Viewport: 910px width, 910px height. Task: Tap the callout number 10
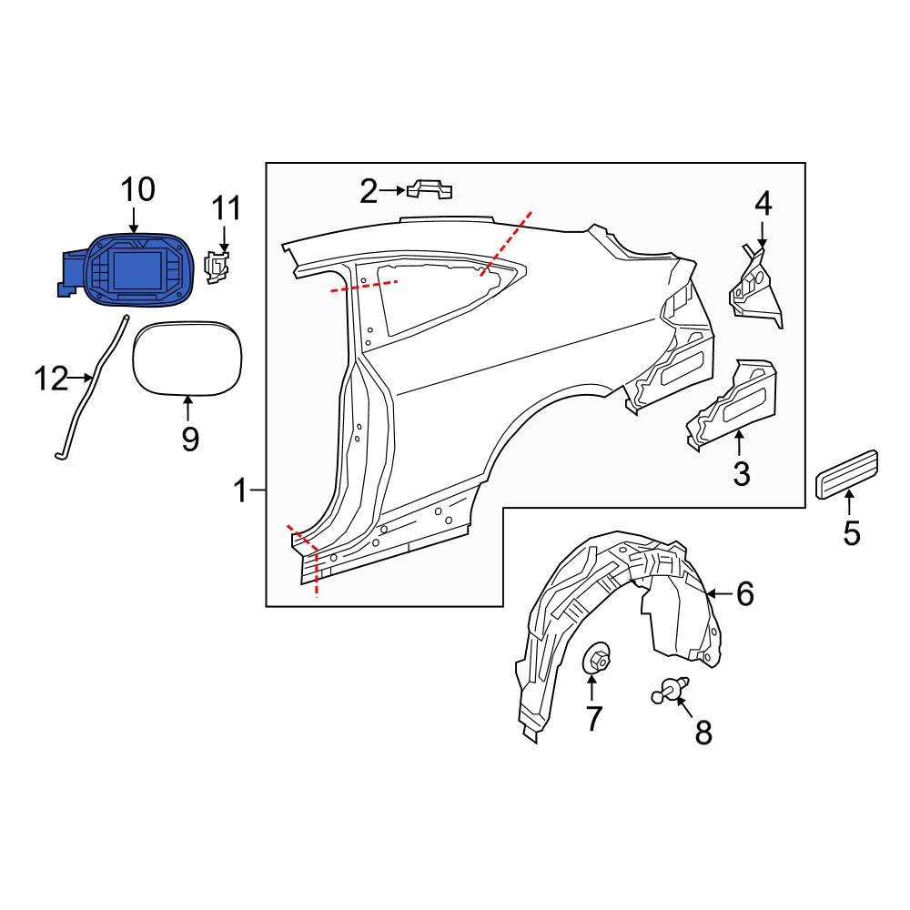pyautogui.click(x=138, y=190)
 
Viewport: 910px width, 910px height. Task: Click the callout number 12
pyautogui.click(x=51, y=378)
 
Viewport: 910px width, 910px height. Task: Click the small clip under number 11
pyautogui.click(x=217, y=267)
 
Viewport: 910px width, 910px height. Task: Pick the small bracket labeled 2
pyautogui.click(x=430, y=189)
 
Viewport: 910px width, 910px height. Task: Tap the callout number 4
pyautogui.click(x=763, y=204)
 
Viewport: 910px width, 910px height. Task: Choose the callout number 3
pyautogui.click(x=741, y=473)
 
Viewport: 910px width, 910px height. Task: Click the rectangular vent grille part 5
pyautogui.click(x=847, y=473)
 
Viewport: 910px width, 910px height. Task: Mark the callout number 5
pyautogui.click(x=851, y=532)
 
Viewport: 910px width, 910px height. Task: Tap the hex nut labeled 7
pyautogui.click(x=595, y=660)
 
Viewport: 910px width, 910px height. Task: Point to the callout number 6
pyautogui.click(x=744, y=594)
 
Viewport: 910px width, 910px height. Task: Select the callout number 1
pyautogui.click(x=240, y=491)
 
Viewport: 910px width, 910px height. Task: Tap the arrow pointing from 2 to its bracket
pyautogui.click(x=392, y=190)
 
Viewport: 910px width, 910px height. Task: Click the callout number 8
pyautogui.click(x=703, y=732)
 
